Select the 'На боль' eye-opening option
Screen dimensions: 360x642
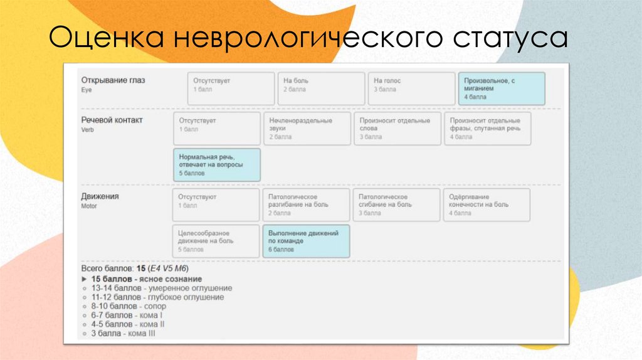321,88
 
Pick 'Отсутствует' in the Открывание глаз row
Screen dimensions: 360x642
231,88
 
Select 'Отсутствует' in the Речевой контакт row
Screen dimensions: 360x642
216,128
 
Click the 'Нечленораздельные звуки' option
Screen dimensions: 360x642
307,128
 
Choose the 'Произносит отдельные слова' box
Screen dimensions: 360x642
397,128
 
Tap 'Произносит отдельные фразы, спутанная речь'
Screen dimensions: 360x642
487,128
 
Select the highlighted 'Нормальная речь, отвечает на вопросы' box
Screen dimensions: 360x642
216,164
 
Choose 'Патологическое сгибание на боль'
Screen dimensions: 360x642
396,204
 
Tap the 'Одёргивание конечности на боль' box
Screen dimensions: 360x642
487,204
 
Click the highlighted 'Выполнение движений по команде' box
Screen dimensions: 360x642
306,241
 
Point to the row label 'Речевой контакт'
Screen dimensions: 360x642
112,120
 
